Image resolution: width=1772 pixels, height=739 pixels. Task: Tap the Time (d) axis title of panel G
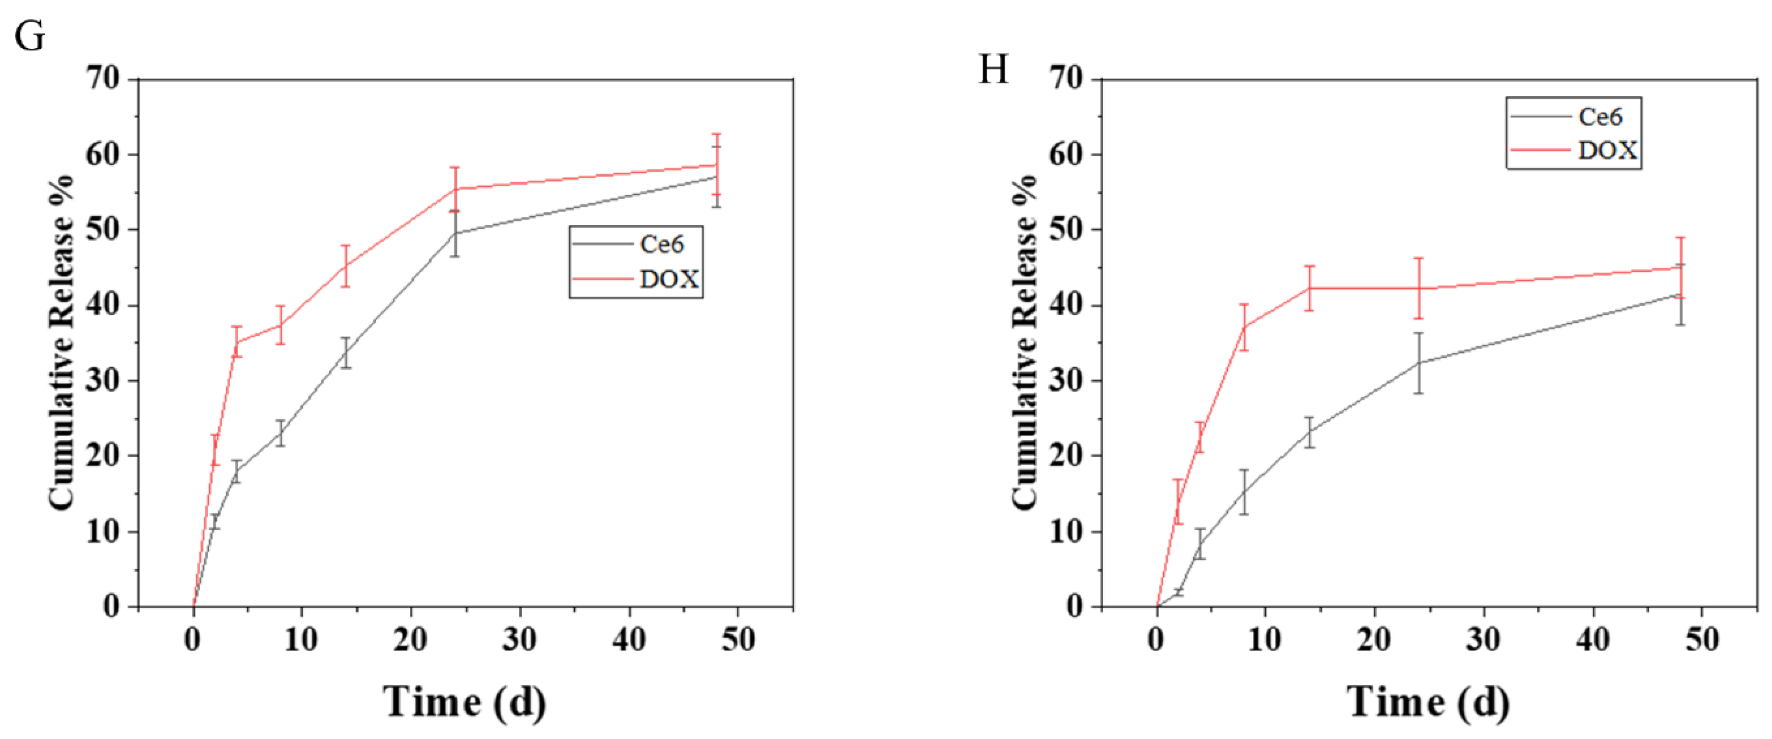[465, 702]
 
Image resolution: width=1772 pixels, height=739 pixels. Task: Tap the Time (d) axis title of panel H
[1429, 702]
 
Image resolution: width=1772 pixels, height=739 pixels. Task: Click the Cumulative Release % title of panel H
[1025, 342]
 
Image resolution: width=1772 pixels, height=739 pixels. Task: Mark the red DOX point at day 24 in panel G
[455, 189]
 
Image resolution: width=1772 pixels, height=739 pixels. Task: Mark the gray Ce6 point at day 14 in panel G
[346, 353]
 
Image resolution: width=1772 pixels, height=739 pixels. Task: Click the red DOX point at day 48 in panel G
[716, 165]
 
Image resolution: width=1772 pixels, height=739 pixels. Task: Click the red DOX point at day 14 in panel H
[1310, 288]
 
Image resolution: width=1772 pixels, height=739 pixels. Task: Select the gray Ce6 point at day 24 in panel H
[1419, 363]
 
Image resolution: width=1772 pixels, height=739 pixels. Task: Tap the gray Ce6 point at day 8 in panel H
[1244, 492]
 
